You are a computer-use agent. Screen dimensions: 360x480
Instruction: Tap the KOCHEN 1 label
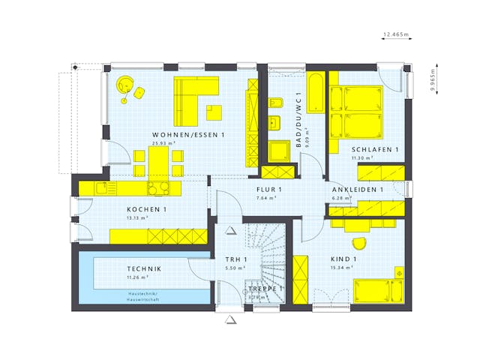146,209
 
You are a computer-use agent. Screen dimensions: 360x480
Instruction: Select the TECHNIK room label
144,268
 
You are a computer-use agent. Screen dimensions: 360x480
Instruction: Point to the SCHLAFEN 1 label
375,150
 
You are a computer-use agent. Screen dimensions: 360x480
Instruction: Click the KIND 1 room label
343,259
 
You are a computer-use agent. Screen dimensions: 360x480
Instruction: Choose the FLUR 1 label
268,190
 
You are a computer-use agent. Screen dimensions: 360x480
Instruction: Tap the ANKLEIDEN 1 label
358,190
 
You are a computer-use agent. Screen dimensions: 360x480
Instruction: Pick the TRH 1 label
236,259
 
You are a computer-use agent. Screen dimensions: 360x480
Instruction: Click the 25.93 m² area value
163,143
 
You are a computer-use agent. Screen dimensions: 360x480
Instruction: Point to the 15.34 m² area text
342,267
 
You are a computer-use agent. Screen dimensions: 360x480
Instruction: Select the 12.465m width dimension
395,34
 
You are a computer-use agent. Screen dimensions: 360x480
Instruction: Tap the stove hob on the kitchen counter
158,188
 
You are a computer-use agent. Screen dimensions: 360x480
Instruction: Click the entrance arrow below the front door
231,319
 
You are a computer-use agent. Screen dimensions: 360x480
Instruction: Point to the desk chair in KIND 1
359,243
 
